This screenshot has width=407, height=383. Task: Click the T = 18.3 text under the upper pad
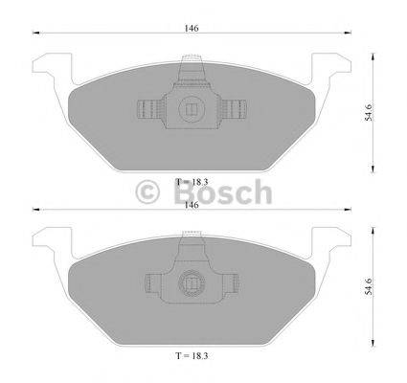(192, 181)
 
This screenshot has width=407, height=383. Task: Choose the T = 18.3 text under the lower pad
(192, 353)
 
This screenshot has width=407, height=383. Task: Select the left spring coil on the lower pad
(153, 282)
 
